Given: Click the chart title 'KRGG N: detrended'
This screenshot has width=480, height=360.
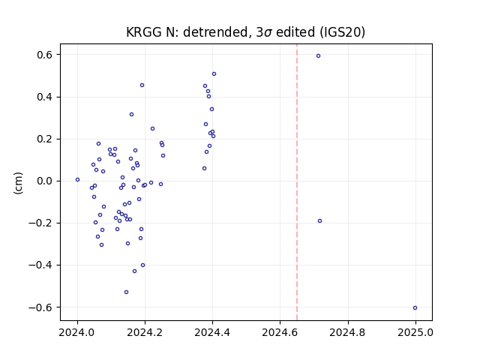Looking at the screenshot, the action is click(187, 32).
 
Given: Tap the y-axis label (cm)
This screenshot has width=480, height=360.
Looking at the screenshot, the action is click(18, 183).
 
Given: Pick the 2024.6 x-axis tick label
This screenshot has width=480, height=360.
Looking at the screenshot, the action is click(280, 332).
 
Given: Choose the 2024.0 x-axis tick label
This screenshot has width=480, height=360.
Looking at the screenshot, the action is click(77, 332).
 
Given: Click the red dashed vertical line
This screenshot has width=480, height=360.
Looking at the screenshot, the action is click(297, 182).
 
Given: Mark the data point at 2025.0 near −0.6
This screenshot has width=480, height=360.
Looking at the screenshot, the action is click(415, 308).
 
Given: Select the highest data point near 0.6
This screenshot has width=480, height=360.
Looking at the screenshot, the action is click(318, 56).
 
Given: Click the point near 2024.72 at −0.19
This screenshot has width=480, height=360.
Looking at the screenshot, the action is click(320, 221).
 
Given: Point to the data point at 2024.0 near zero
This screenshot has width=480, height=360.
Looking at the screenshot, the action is click(77, 180).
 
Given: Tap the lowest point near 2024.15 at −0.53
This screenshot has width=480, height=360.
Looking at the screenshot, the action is click(127, 292).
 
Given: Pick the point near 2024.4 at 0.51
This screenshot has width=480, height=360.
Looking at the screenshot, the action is click(214, 74).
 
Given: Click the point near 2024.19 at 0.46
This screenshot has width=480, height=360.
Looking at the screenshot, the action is click(142, 85).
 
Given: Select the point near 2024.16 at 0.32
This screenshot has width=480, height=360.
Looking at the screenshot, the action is click(132, 115).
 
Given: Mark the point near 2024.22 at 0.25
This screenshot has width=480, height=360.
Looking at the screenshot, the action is click(152, 129).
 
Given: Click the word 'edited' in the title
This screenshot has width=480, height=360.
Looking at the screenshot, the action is click(295, 32).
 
